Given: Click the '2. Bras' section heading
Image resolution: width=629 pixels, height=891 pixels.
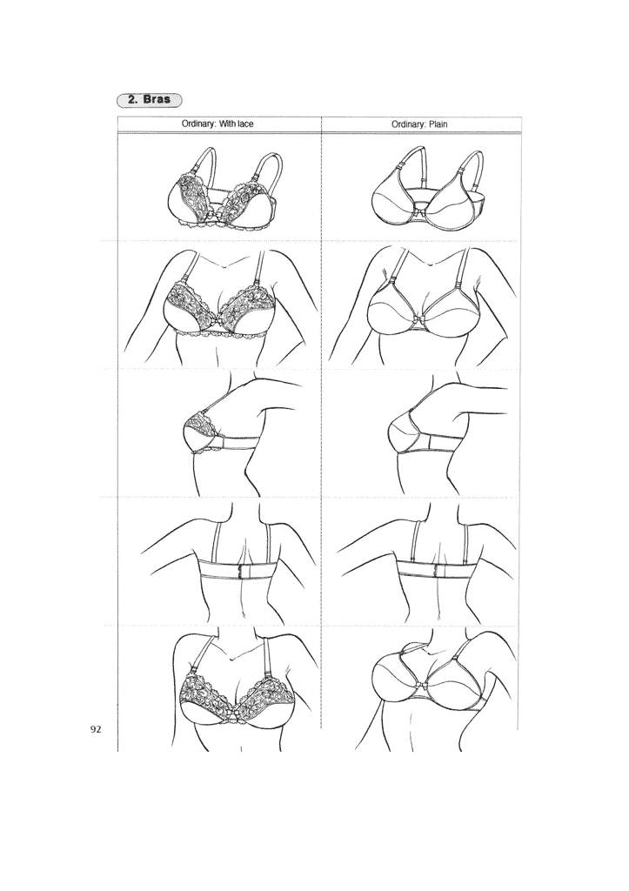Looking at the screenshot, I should click(151, 99).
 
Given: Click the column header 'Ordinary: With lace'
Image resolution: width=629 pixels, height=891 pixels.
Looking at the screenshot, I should click(217, 124).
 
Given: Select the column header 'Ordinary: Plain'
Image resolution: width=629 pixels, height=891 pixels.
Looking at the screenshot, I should click(419, 124).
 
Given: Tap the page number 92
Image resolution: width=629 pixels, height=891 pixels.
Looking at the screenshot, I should click(97, 728).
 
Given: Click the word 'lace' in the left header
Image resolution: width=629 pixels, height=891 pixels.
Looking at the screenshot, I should click(244, 124).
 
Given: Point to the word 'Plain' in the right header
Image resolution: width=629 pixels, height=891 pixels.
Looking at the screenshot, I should click(438, 124).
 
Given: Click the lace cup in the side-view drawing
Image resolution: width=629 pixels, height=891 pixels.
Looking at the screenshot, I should click(198, 432).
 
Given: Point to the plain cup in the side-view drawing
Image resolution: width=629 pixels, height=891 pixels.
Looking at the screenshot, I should click(402, 432).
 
